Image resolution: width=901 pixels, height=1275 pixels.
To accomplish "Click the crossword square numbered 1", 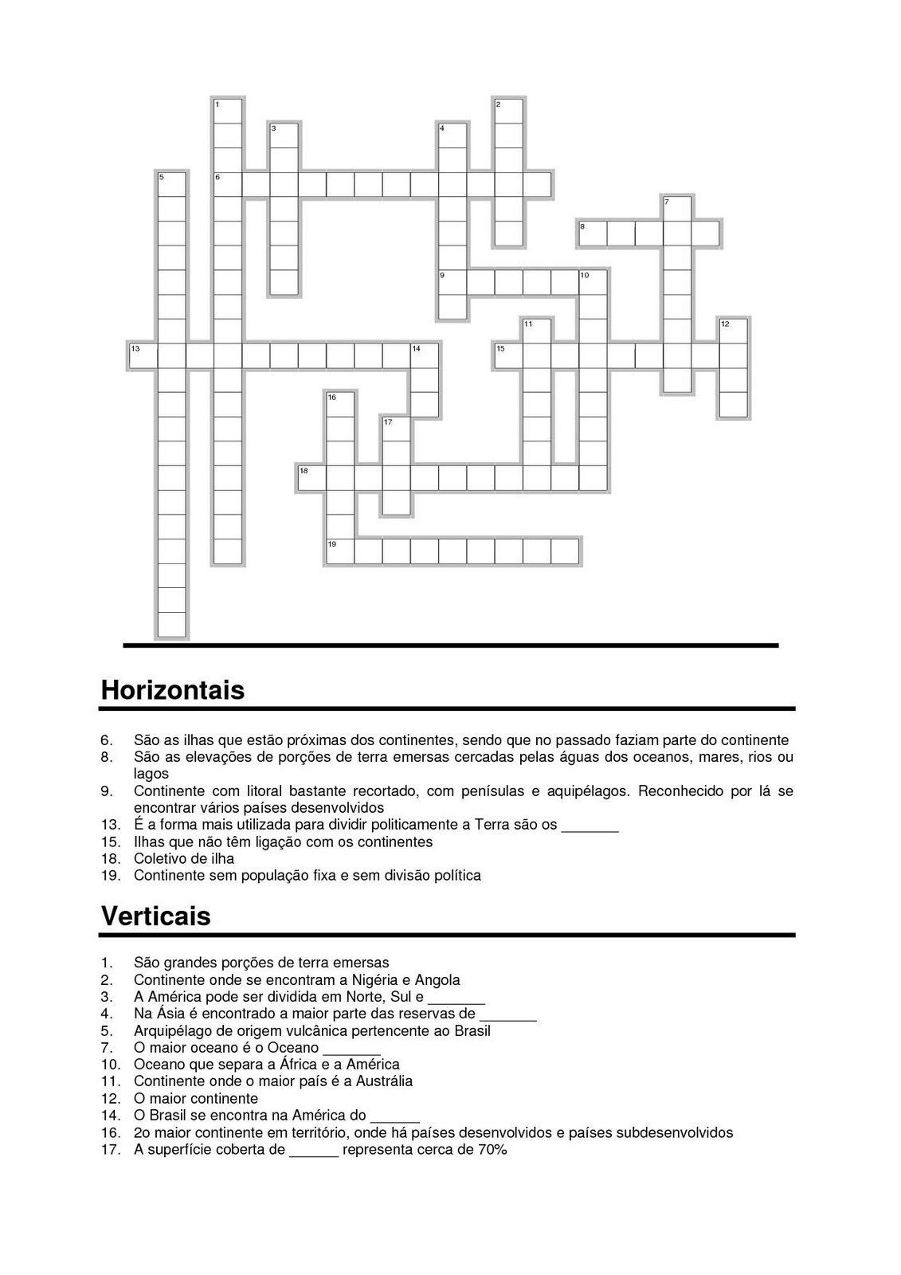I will (228, 111).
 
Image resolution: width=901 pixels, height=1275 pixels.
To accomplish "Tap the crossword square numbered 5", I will (171, 184).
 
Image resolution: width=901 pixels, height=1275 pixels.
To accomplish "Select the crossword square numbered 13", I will (143, 356).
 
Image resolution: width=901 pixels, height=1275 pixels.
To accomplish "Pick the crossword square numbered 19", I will (340, 551).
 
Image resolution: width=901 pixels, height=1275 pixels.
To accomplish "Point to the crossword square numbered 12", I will (733, 331).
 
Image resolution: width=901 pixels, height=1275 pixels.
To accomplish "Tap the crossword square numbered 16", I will (340, 405).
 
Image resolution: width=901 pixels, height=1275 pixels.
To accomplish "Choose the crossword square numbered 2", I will (509, 111).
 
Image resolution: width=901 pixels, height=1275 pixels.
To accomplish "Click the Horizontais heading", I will (172, 689).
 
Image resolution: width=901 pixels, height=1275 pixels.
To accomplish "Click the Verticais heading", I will (156, 916).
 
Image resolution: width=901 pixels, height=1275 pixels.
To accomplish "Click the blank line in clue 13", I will (590, 826).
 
